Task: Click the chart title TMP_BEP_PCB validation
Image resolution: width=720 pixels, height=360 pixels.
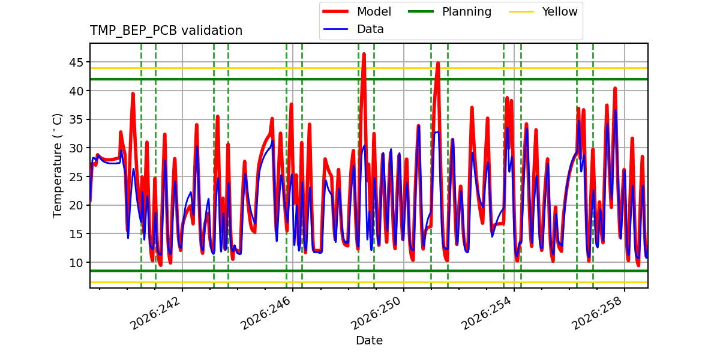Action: click(166, 31)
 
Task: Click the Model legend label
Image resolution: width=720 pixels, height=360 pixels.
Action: click(374, 11)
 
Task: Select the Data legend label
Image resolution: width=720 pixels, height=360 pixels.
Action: click(370, 29)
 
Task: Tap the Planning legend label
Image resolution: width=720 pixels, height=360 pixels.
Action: click(467, 12)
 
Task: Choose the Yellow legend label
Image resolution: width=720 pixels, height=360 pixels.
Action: click(560, 11)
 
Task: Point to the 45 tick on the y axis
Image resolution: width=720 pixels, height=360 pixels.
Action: click(76, 62)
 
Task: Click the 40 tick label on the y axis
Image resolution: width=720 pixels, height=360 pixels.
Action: click(76, 91)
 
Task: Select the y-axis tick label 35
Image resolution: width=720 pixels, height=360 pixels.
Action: click(76, 119)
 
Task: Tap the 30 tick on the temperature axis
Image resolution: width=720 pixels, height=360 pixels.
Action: click(76, 148)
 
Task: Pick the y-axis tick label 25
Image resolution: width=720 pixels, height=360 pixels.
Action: click(76, 177)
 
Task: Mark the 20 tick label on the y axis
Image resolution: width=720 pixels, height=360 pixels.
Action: click(76, 205)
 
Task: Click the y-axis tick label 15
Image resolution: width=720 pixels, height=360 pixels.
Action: click(76, 234)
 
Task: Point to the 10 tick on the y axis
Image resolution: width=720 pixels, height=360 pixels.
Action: click(76, 263)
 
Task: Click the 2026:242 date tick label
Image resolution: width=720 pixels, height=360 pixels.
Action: click(155, 313)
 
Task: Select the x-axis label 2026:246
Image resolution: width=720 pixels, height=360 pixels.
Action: click(265, 313)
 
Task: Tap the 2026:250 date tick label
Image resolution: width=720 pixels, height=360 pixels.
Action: click(376, 313)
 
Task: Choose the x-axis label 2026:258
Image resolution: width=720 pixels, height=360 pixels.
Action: click(597, 313)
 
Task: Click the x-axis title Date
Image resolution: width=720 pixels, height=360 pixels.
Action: click(369, 340)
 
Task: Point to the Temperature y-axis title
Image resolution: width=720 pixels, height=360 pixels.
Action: click(57, 166)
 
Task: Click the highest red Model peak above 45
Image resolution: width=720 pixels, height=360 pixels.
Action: click(364, 54)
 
